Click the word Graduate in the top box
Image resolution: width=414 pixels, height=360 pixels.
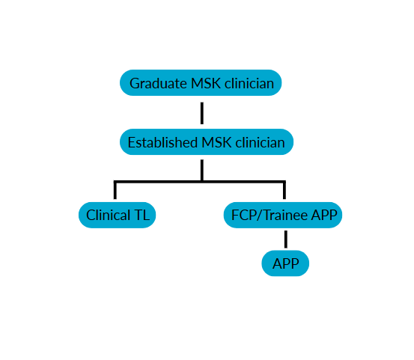158,84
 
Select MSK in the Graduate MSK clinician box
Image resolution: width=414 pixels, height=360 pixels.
206,83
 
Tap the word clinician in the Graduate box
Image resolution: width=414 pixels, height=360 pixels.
249,83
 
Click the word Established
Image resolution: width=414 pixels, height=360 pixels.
162,142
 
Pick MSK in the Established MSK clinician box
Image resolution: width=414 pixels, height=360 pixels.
216,142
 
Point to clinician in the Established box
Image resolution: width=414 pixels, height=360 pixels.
260,142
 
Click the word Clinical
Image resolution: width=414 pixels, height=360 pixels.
109,215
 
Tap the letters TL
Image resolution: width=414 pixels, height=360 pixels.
142,215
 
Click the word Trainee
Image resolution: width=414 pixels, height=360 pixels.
286,215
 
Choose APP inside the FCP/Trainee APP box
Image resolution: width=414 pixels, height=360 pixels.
324,215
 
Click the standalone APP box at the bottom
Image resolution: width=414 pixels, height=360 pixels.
285,263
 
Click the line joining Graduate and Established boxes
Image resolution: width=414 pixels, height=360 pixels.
202,113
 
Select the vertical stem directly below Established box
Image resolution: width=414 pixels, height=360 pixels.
202,170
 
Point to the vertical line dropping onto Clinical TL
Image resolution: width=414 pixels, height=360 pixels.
115,190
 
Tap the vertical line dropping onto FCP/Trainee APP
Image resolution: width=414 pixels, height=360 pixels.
284,190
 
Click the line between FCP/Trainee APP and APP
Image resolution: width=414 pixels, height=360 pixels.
286,239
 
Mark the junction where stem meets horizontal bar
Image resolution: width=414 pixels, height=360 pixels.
202,182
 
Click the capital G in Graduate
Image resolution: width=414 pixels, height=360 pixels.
134,83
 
